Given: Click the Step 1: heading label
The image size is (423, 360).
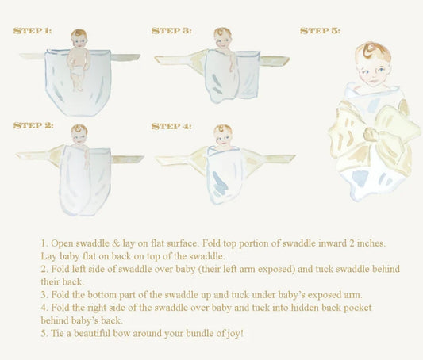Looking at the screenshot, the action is pyautogui.click(x=33, y=30).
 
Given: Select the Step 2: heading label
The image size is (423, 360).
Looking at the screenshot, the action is pyautogui.click(x=33, y=125).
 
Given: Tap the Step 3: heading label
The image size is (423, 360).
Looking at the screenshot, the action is pyautogui.click(x=171, y=31).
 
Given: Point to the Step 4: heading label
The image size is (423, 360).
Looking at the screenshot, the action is pyautogui.click(x=171, y=126).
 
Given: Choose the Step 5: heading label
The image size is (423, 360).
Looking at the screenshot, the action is pyautogui.click(x=320, y=31).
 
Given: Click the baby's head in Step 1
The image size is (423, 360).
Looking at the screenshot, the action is pyautogui.click(x=79, y=39).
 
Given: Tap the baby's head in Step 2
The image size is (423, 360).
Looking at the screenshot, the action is pyautogui.click(x=79, y=134).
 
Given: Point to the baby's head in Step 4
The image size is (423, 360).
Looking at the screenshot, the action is pyautogui.click(x=223, y=134).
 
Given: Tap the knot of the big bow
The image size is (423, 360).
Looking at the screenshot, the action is pyautogui.click(x=371, y=134).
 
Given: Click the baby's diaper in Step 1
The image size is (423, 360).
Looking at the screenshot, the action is pyautogui.click(x=79, y=71).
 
